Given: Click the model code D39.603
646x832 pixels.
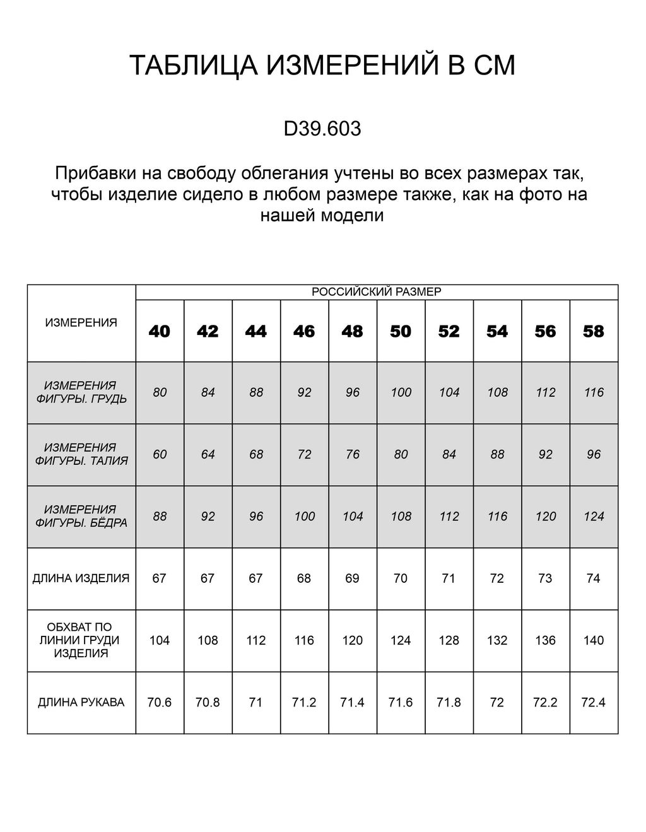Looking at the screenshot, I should pos(322,129).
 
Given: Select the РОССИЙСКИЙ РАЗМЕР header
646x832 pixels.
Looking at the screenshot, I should pos(377,291).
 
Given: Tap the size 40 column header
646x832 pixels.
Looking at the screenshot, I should pos(160,331).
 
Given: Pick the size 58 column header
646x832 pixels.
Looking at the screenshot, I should pos(594,331).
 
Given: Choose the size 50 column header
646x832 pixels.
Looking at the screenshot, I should pos(401,331).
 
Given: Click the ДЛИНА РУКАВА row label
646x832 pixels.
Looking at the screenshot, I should pos(81,702).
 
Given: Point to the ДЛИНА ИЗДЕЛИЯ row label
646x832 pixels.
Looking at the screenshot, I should pos(81,578).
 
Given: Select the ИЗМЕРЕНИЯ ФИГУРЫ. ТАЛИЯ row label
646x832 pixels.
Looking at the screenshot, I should pos(81,454).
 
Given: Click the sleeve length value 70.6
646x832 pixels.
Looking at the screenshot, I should pos(160,702).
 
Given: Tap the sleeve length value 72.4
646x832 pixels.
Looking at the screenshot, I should pos(594,702).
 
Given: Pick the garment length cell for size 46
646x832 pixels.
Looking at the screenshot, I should pos(304,578).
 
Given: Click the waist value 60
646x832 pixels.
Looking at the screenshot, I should pos(160,454).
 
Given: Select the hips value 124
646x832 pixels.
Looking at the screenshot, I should pos(594,517).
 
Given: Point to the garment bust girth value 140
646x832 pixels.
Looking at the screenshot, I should pos(594,640).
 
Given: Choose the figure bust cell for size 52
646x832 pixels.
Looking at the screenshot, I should pos(449,392).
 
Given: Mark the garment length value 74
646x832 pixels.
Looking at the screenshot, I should pos(594,578).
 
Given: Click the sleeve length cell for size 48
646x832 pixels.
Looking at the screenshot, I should pos(353,702).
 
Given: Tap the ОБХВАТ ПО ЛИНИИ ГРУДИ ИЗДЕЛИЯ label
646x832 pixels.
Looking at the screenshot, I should pos(81,640).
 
